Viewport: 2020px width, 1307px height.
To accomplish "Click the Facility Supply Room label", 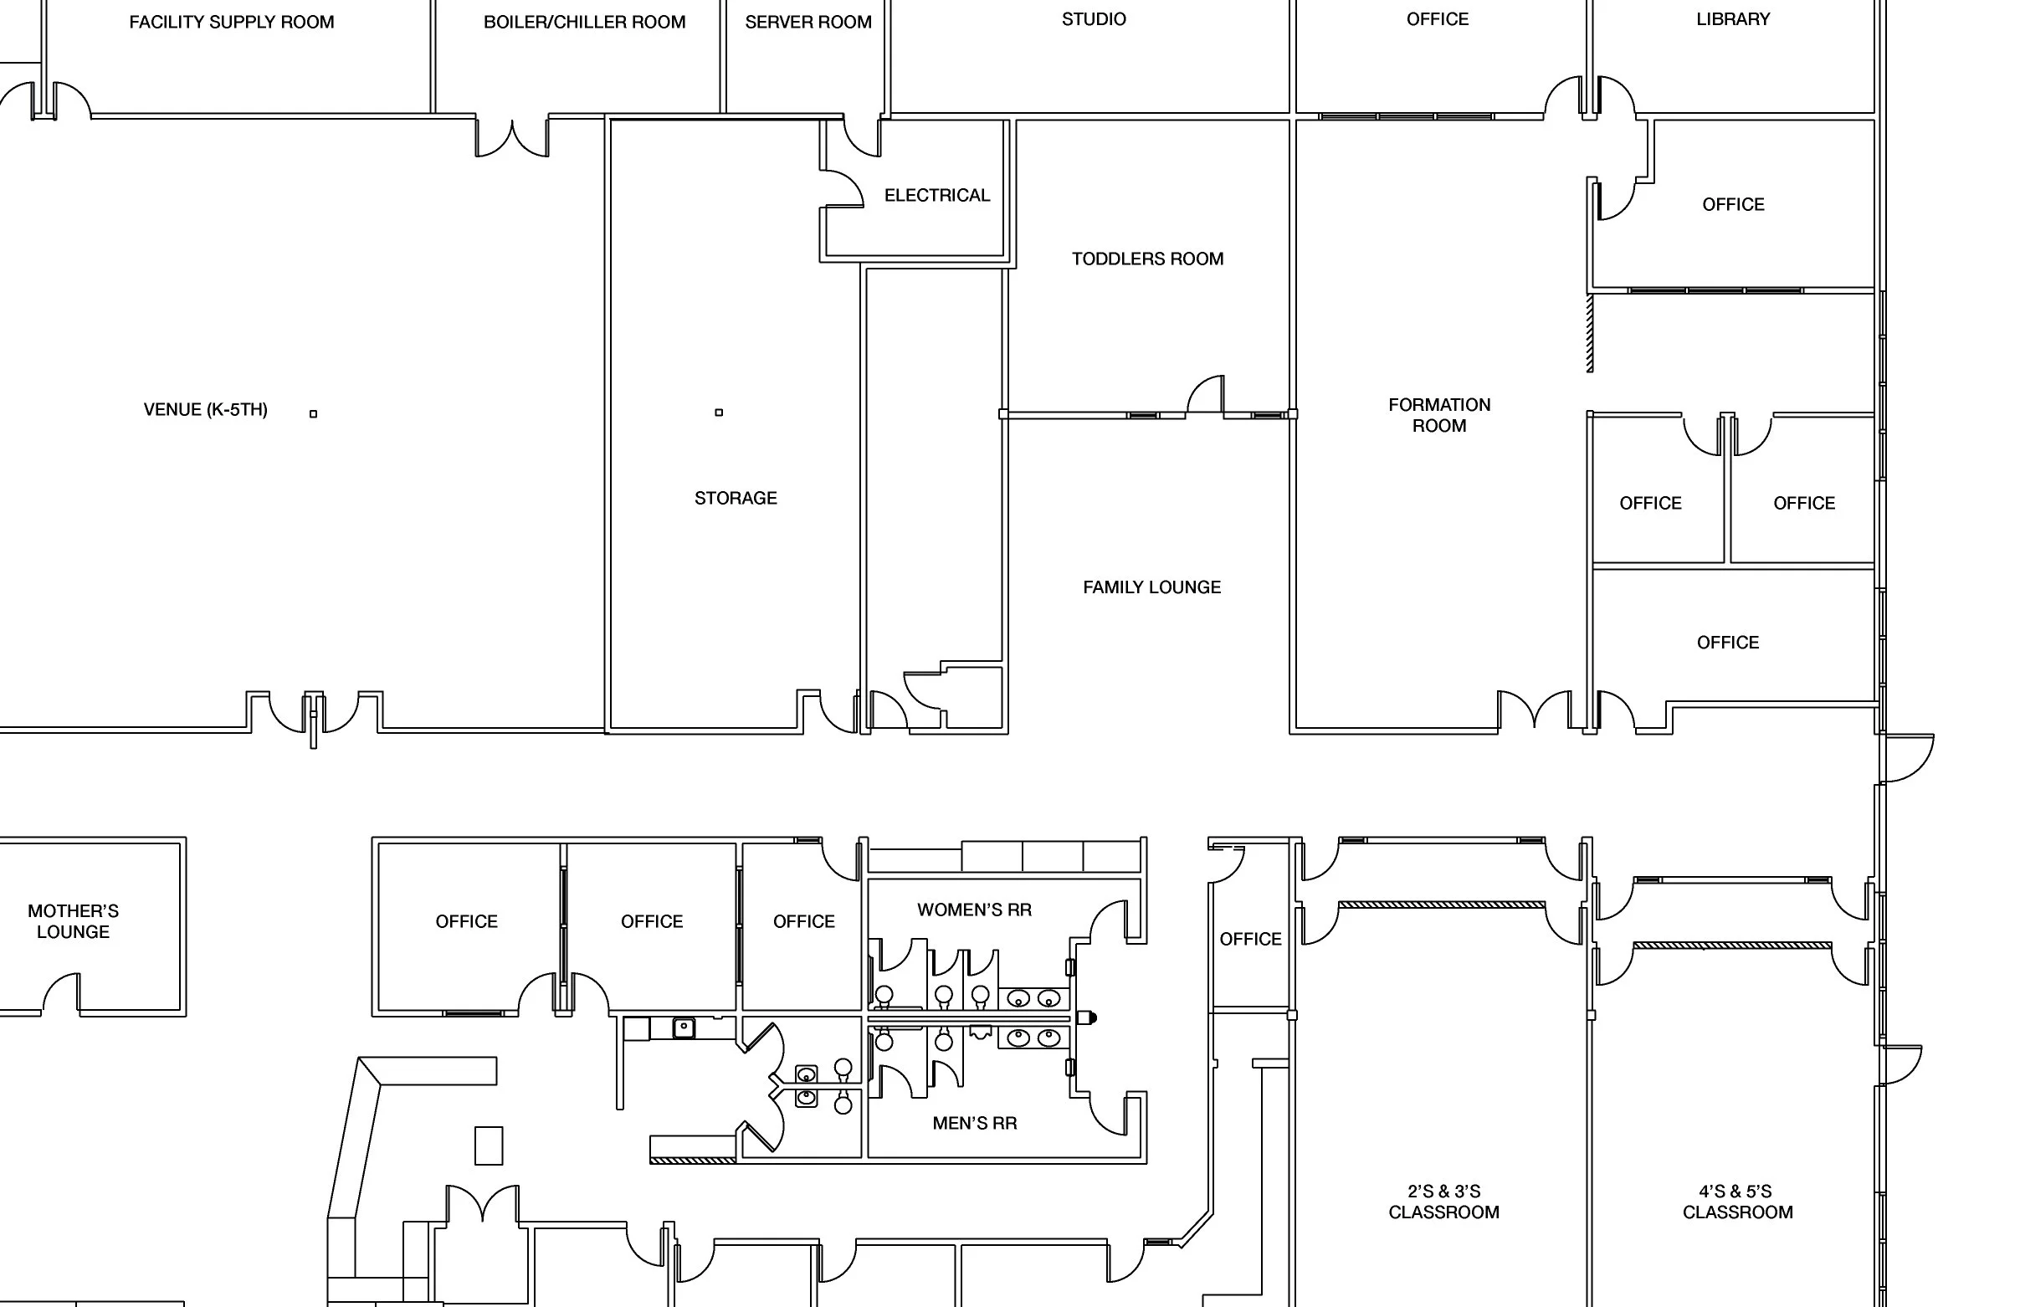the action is coord(232,22).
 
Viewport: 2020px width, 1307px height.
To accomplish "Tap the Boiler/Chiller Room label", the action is coord(584,22).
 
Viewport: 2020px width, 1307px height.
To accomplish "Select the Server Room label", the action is coord(808,22).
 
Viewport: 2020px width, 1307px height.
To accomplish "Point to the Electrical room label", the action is coord(937,195).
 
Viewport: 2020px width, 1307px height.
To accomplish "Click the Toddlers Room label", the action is coord(1147,259).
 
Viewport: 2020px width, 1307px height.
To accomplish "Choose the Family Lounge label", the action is coord(1151,587).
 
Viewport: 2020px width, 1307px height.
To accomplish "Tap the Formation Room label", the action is coord(1439,415).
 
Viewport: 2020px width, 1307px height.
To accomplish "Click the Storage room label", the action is coord(736,498).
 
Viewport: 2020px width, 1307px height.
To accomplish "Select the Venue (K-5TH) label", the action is coord(205,410).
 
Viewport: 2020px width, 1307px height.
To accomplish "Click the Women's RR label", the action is coord(974,910).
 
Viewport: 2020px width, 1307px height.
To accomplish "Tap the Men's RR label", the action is coord(974,1123).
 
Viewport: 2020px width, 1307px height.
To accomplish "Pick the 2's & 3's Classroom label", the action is coord(1443,1202).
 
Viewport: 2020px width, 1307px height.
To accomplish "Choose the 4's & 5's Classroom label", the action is coord(1737,1202).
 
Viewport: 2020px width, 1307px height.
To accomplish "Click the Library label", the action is coord(1733,19).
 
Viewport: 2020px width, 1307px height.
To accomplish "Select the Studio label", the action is coord(1094,19).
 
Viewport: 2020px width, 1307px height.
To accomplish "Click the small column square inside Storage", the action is coord(719,413).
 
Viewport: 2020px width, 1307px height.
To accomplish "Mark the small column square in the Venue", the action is coord(313,414).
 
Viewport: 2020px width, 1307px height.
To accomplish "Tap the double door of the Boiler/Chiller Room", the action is coord(512,138).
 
